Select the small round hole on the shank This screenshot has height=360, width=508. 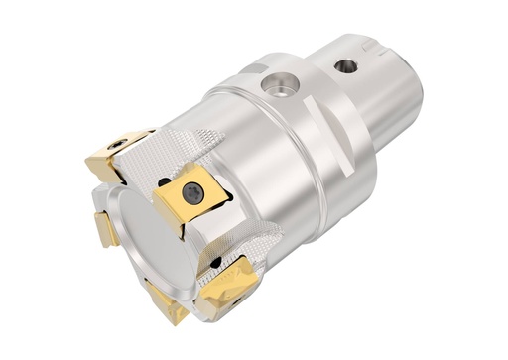(346, 66)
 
